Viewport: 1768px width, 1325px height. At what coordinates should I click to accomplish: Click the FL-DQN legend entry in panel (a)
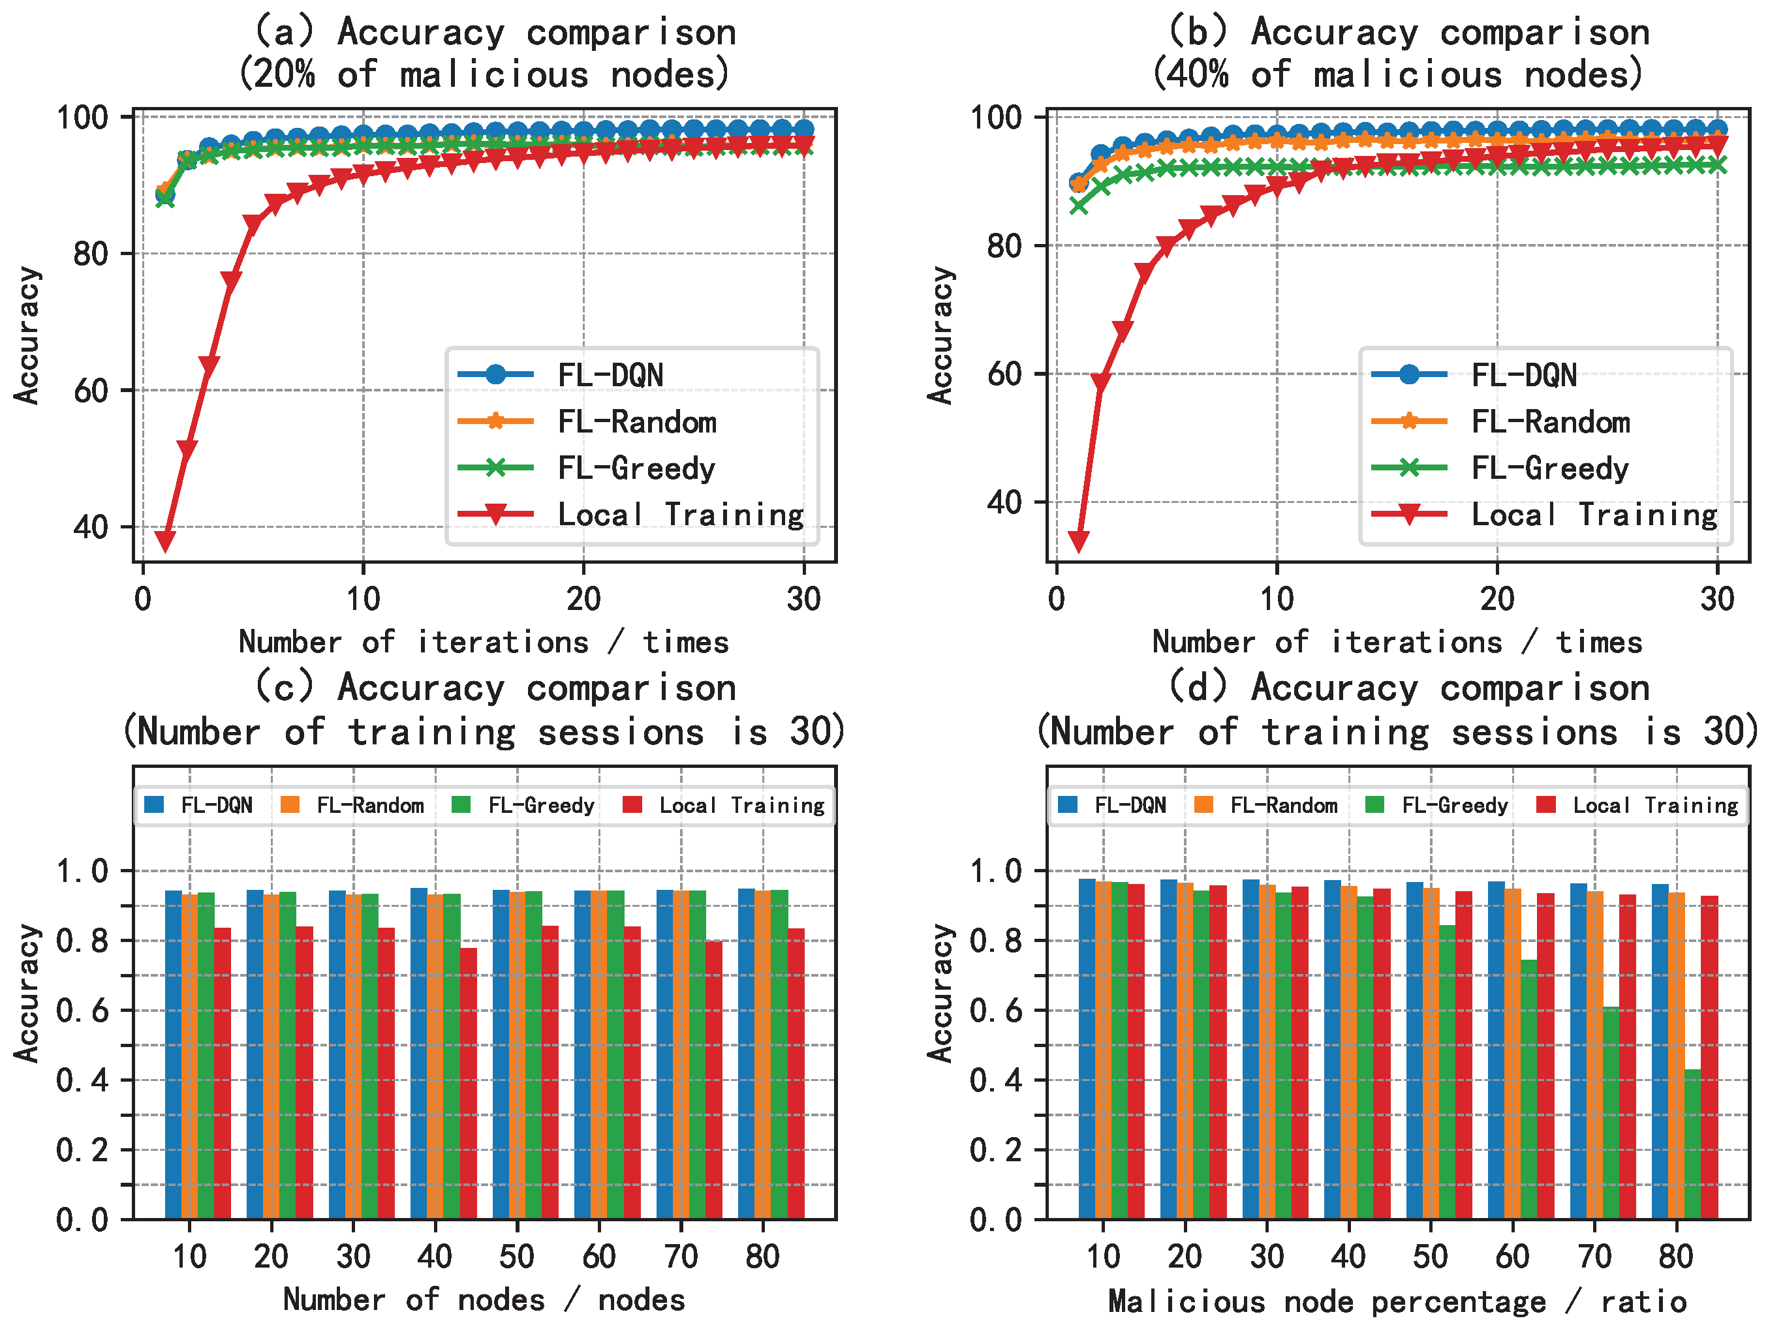(610, 375)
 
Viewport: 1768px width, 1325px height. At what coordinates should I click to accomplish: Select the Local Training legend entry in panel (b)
(1594, 515)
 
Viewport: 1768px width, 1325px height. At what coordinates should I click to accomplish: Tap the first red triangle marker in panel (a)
(164, 541)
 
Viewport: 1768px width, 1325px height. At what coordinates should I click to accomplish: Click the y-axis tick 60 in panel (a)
(90, 391)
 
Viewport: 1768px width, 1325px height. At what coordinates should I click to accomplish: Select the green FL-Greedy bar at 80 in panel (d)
(1692, 1144)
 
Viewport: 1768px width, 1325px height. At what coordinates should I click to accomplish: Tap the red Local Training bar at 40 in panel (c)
(469, 1083)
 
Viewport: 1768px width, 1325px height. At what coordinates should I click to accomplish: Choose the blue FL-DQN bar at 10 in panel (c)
(174, 1054)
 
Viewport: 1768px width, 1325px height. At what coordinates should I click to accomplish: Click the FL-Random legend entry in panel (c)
(369, 806)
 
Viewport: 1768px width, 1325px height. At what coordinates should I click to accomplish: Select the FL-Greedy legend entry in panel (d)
(1454, 806)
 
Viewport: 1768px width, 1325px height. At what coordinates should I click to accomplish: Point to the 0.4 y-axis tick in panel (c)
(82, 1080)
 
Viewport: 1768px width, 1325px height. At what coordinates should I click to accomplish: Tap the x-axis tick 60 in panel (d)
(1512, 1256)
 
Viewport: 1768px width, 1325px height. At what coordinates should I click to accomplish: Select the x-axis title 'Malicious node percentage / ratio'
(1397, 1301)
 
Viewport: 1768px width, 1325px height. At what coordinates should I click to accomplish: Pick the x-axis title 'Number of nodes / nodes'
(484, 1300)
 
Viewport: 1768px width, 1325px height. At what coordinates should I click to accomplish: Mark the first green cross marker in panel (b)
(1078, 206)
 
